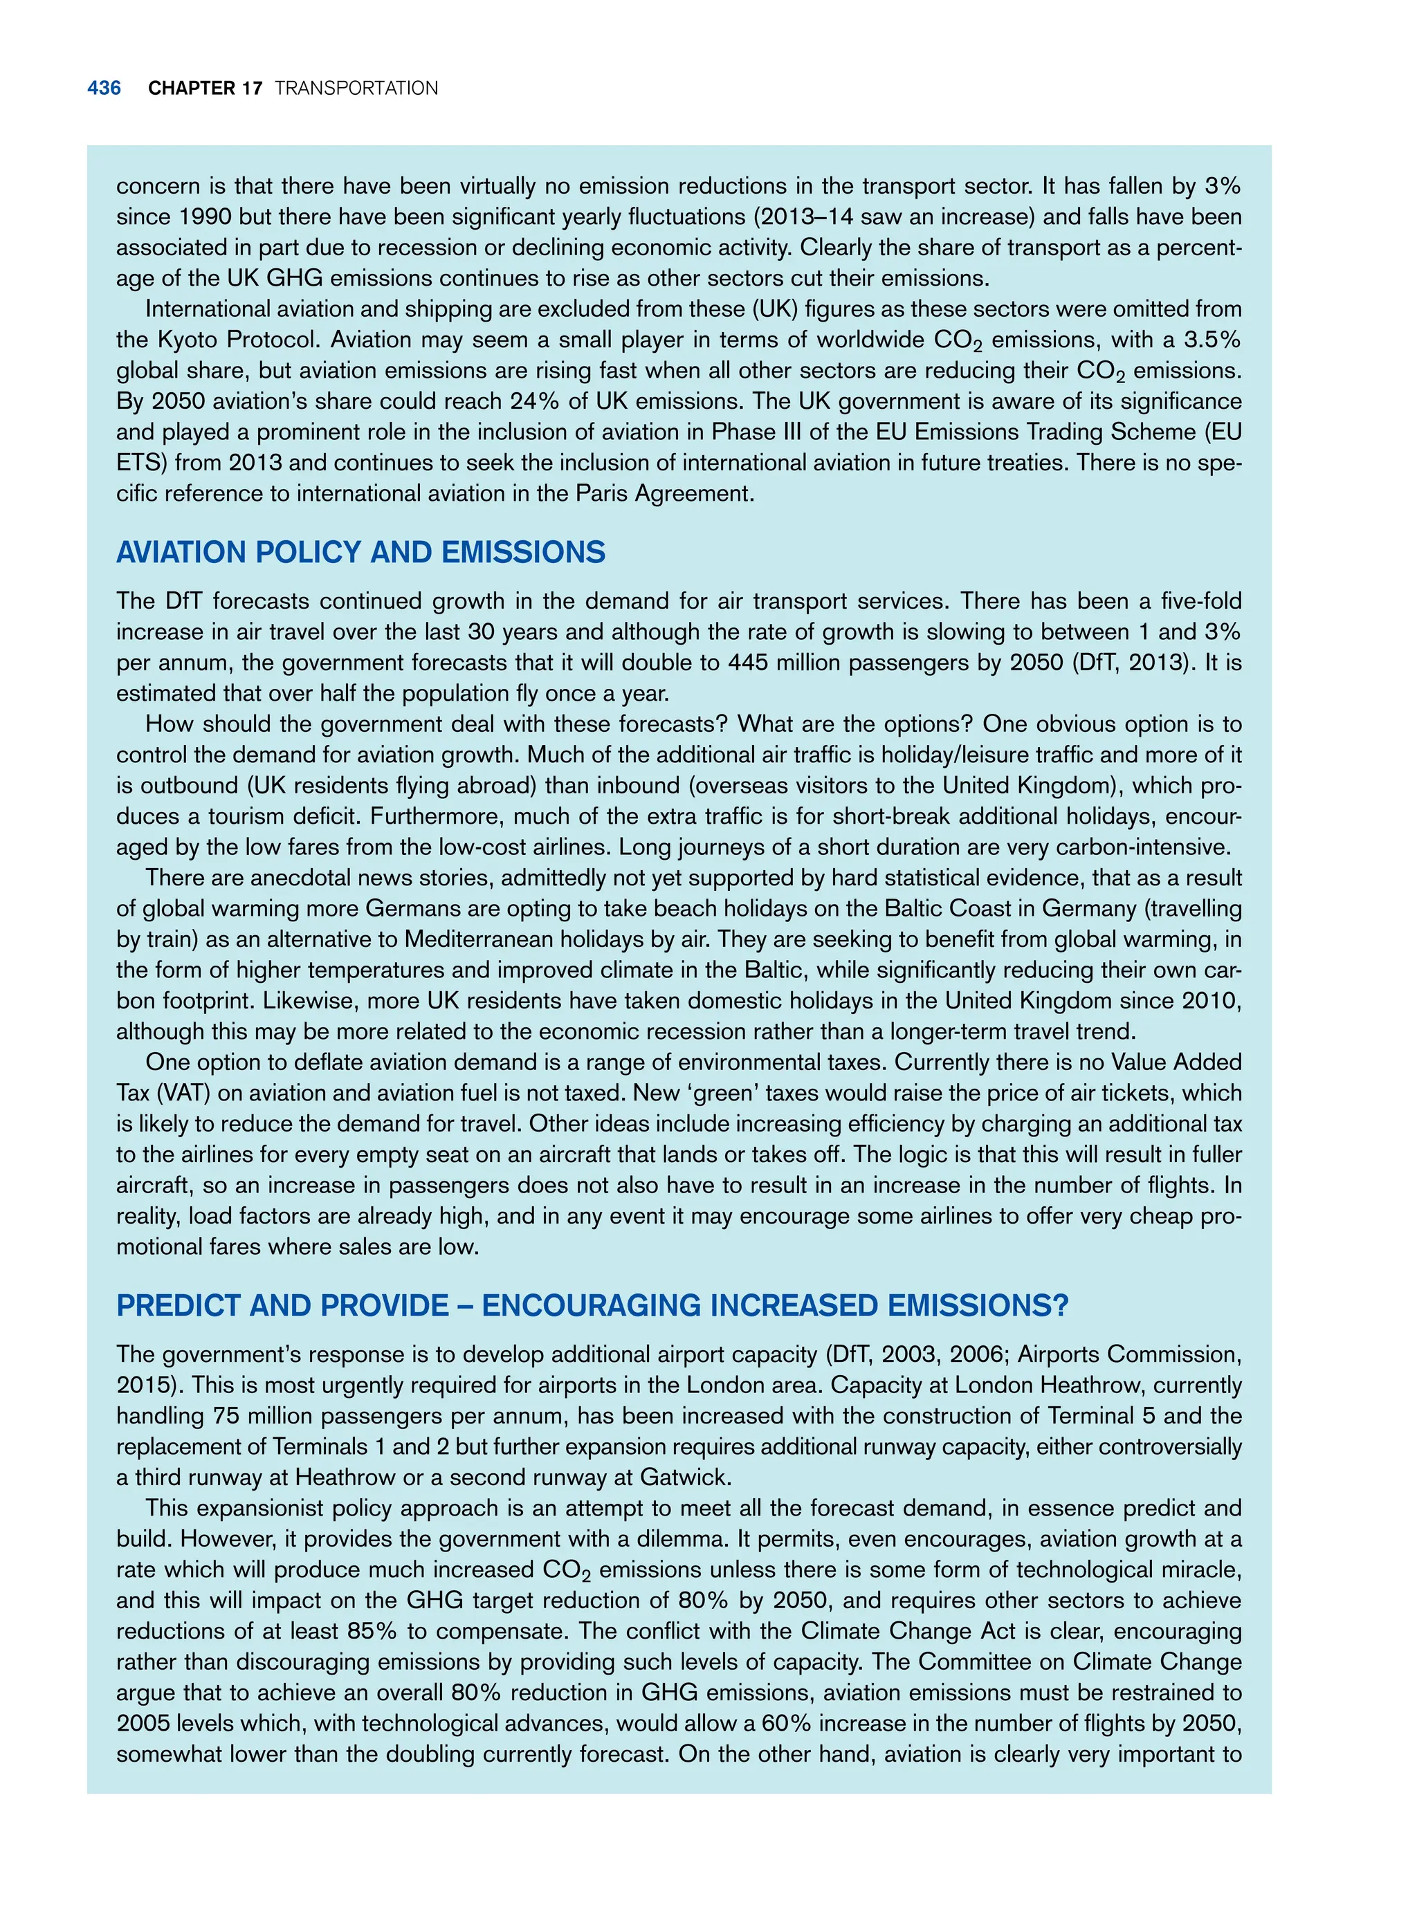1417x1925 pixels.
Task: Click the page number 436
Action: tap(104, 89)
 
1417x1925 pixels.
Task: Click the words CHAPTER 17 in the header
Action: tap(204, 89)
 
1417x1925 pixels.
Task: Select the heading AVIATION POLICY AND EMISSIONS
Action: tap(360, 552)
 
